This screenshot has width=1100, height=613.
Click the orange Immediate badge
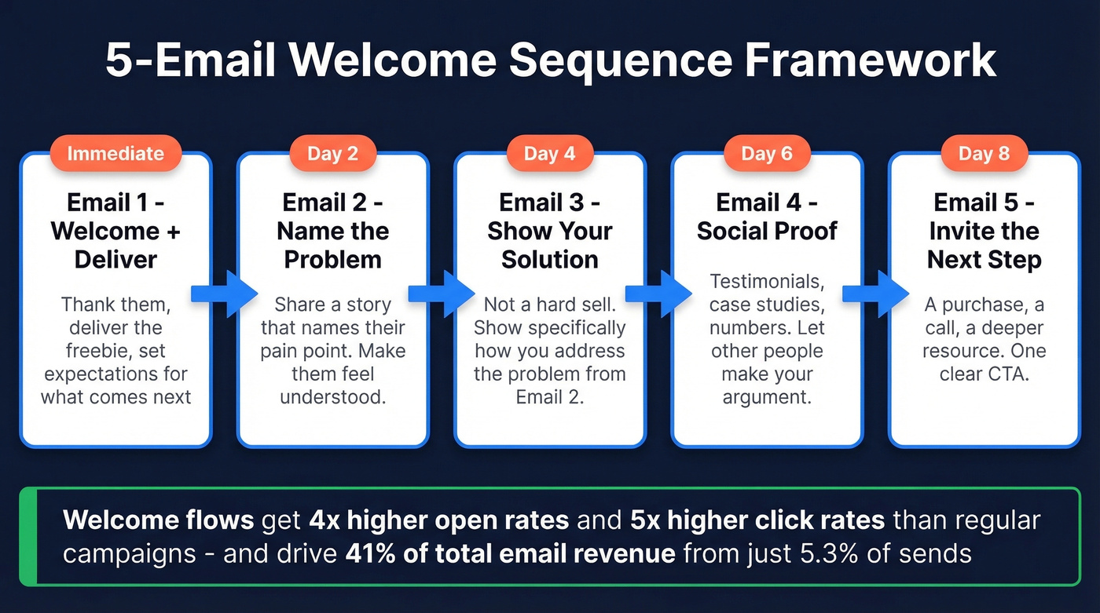[x=115, y=153]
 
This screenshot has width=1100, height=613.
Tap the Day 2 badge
[x=332, y=153]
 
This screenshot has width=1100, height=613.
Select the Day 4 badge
[x=549, y=153]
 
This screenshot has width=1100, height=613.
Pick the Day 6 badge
[x=767, y=153]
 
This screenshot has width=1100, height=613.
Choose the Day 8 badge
[x=984, y=153]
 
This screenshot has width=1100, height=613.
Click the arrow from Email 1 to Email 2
[x=236, y=294]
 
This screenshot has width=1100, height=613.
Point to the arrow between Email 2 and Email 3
[x=453, y=294]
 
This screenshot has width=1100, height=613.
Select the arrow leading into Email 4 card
[x=670, y=294]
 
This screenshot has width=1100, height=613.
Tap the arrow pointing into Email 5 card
[x=887, y=294]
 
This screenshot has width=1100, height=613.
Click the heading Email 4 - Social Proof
[x=767, y=217]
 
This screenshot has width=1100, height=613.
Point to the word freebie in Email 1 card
[x=101, y=350]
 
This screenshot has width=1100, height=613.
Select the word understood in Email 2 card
[x=332, y=396]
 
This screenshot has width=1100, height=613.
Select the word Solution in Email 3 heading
[x=549, y=260]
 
